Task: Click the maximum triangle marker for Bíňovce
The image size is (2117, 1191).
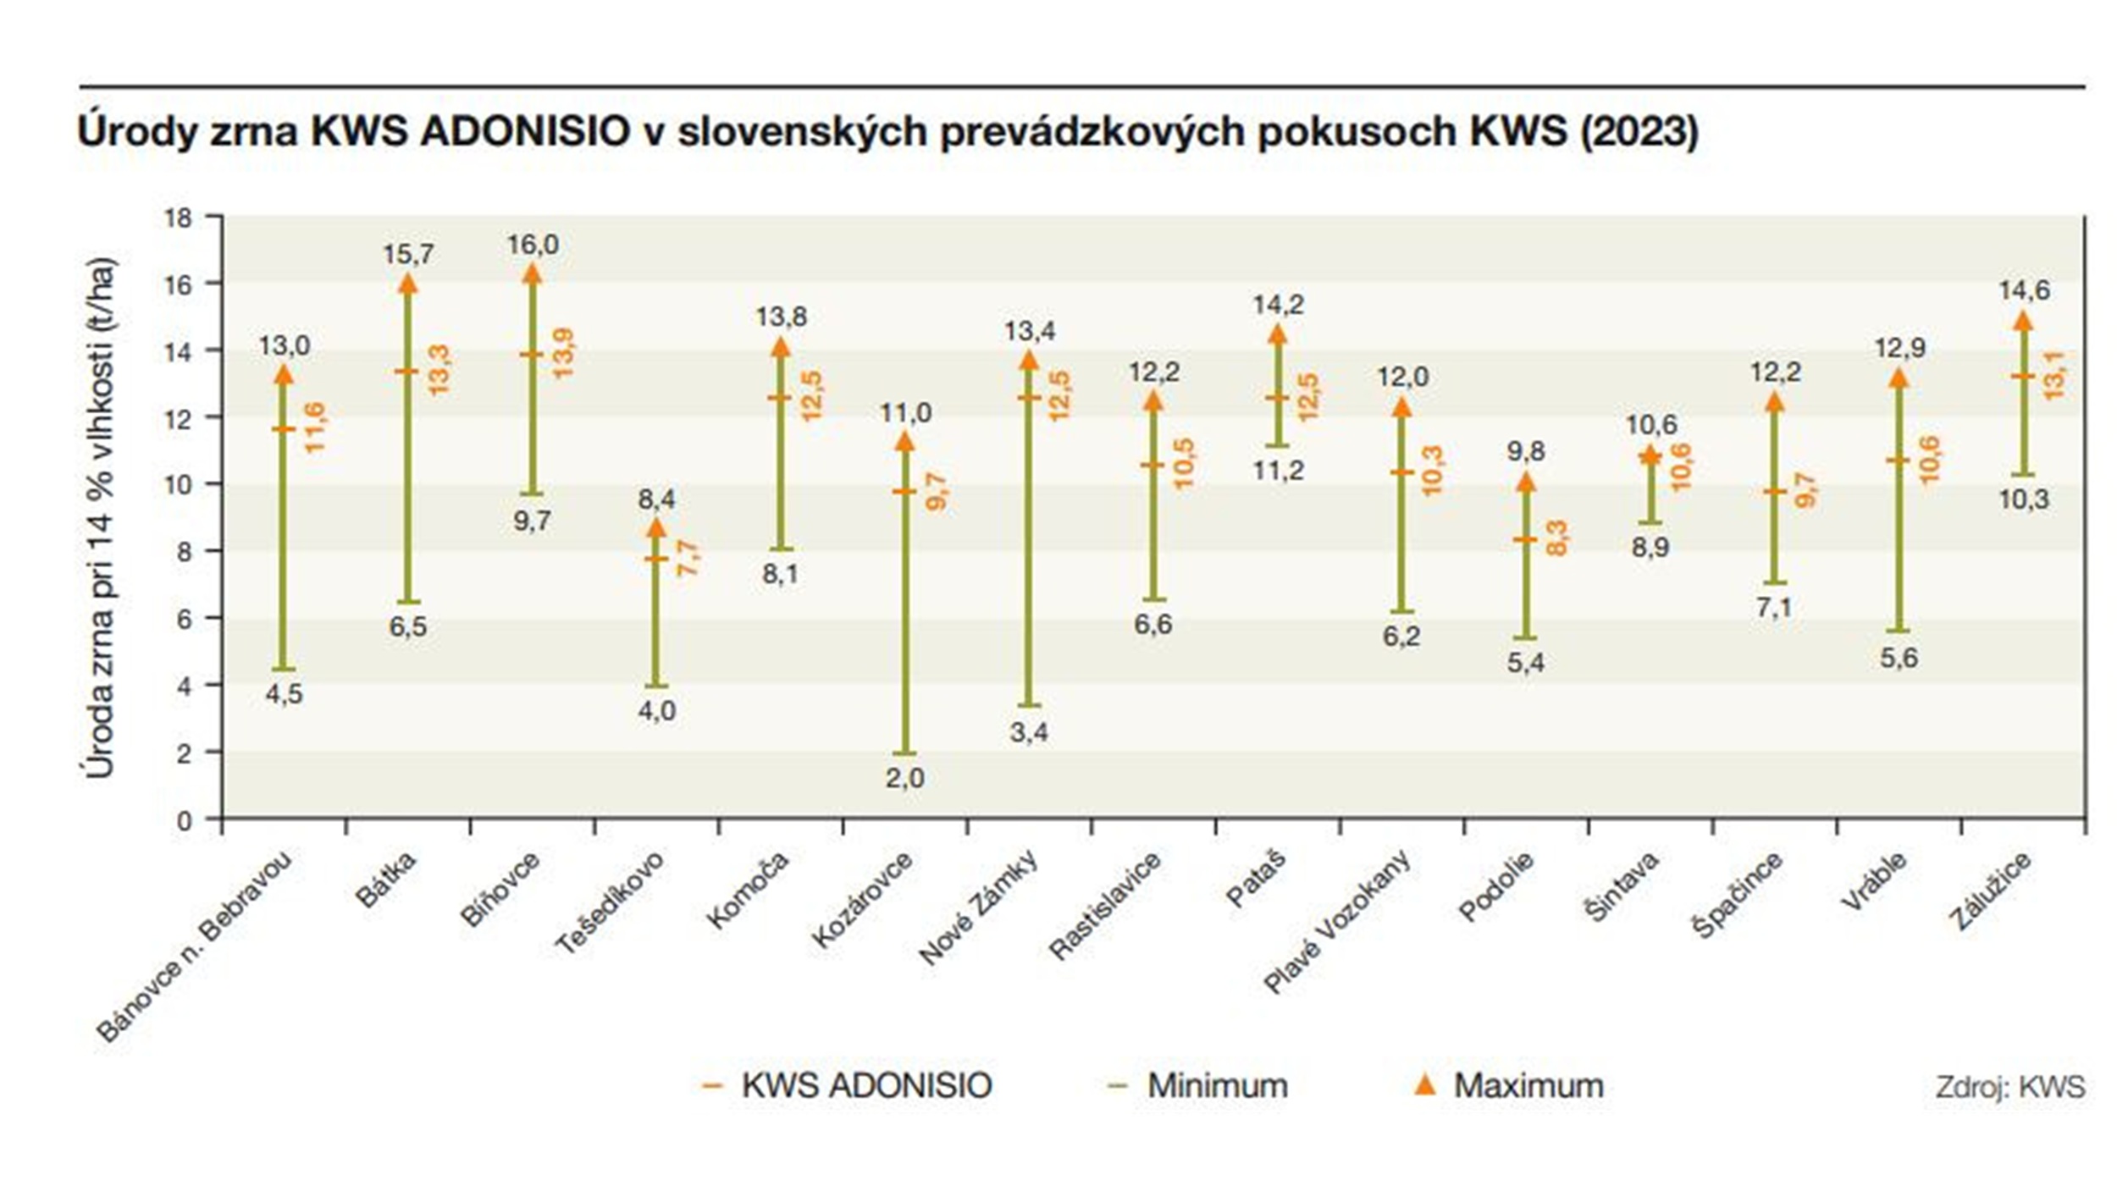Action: click(532, 273)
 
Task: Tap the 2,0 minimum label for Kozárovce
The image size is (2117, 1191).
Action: click(904, 778)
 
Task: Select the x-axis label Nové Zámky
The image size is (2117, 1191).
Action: click(979, 907)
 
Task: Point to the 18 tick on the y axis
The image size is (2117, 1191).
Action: click(179, 218)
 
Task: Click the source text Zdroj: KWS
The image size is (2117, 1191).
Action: click(2009, 1087)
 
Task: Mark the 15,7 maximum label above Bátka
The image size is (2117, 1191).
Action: click(408, 254)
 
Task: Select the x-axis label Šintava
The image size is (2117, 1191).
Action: click(1621, 886)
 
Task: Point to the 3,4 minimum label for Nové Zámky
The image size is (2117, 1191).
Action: click(1029, 732)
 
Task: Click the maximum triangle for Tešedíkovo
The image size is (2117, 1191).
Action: click(656, 528)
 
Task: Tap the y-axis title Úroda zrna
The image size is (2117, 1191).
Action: click(100, 516)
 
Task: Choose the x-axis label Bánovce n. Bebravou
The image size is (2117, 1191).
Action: click(195, 946)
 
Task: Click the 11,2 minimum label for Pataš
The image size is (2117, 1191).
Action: click(1278, 471)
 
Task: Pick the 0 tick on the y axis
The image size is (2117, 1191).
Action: click(184, 820)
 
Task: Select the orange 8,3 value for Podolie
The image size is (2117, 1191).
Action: click(1556, 538)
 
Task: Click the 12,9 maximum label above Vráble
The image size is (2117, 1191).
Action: click(1899, 348)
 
